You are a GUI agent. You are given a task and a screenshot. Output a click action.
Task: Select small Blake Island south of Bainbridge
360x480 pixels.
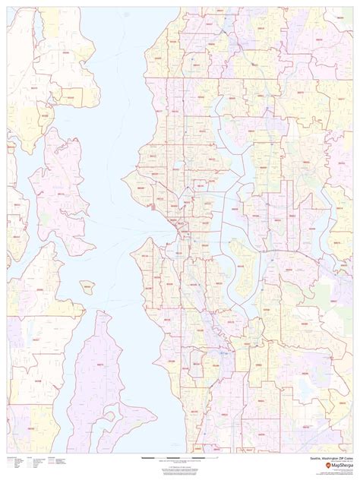point(87,286)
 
